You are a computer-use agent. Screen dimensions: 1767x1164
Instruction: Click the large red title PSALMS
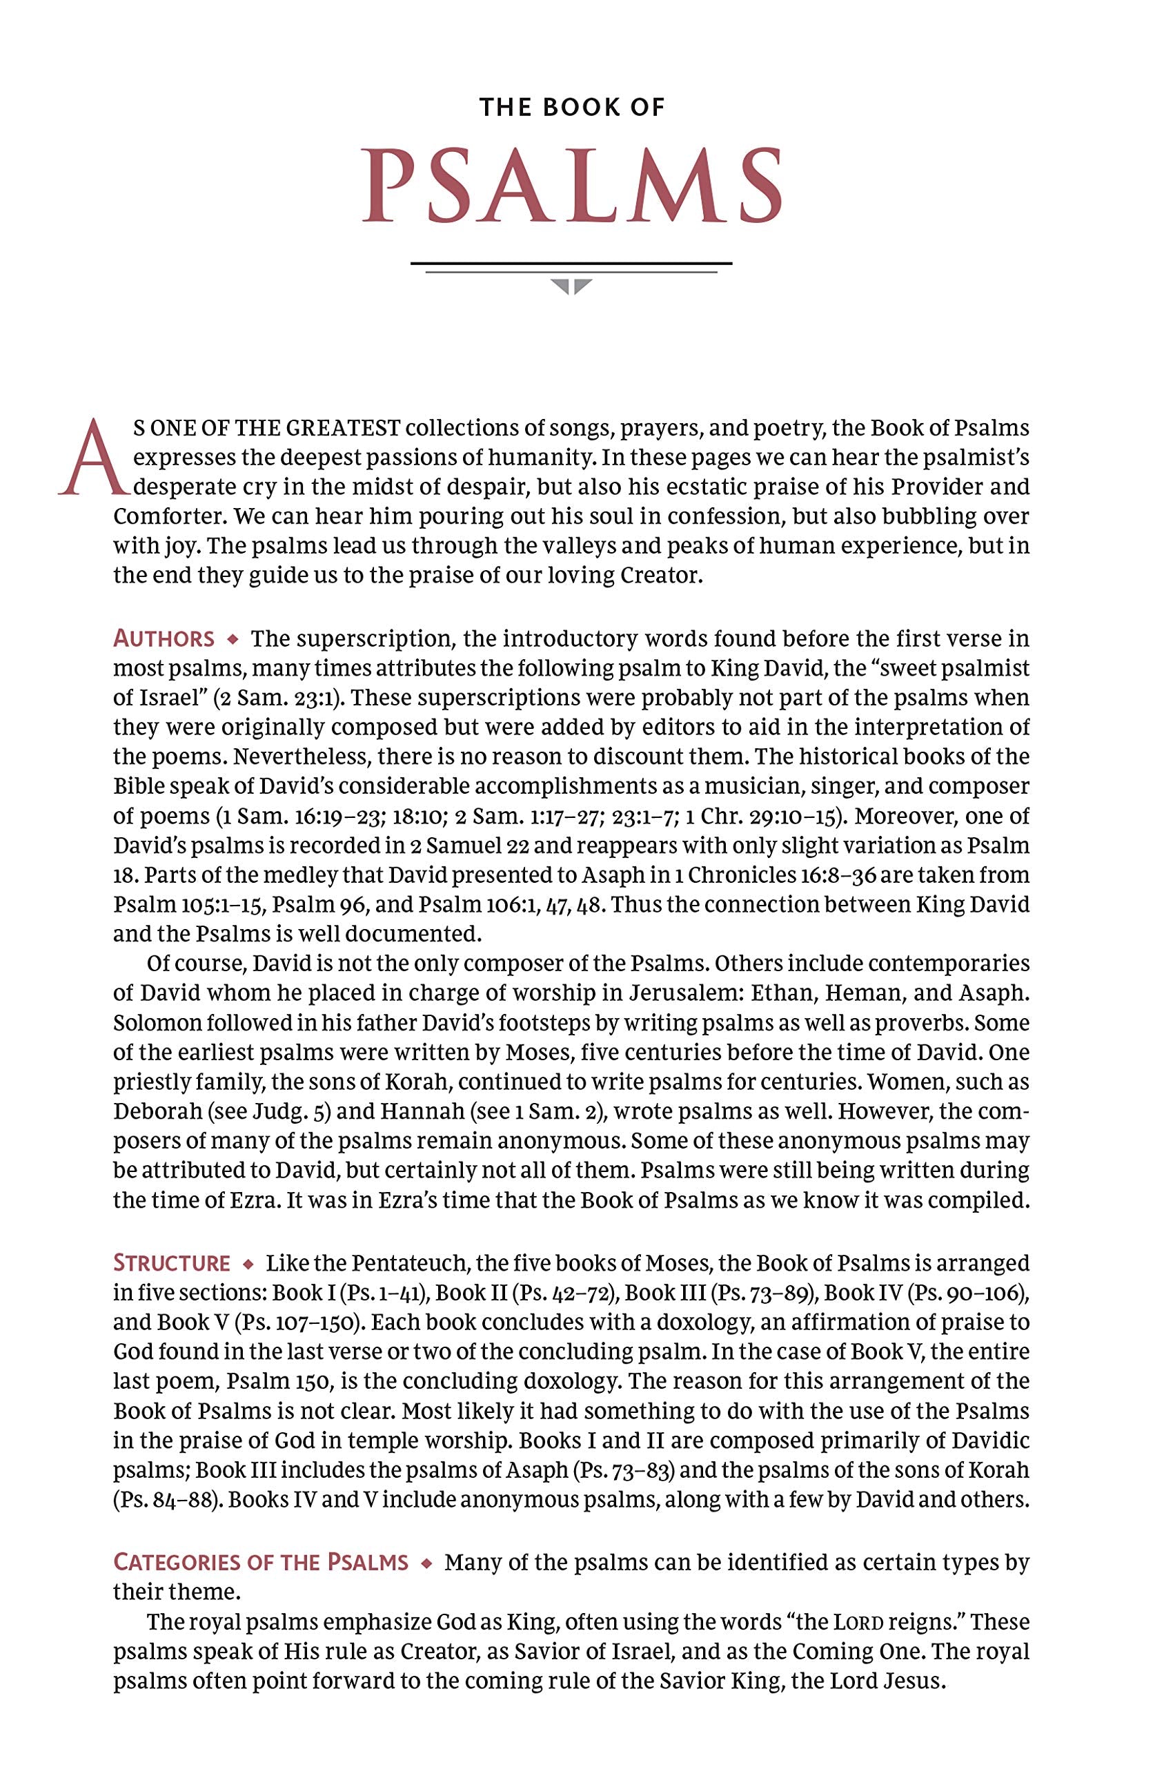(571, 186)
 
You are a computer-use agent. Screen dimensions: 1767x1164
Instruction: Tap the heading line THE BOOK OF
(571, 108)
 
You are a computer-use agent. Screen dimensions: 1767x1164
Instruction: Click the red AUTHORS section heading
(164, 639)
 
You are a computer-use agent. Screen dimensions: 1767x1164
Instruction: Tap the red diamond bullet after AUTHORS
(233, 639)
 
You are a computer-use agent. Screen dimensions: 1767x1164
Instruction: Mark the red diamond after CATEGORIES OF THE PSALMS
(426, 1563)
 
